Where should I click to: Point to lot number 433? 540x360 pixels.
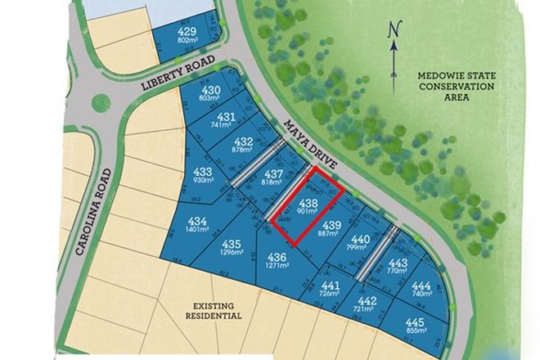coord(204,172)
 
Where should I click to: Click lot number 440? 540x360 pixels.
coord(361,239)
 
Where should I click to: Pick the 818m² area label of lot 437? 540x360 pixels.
coord(273,183)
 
